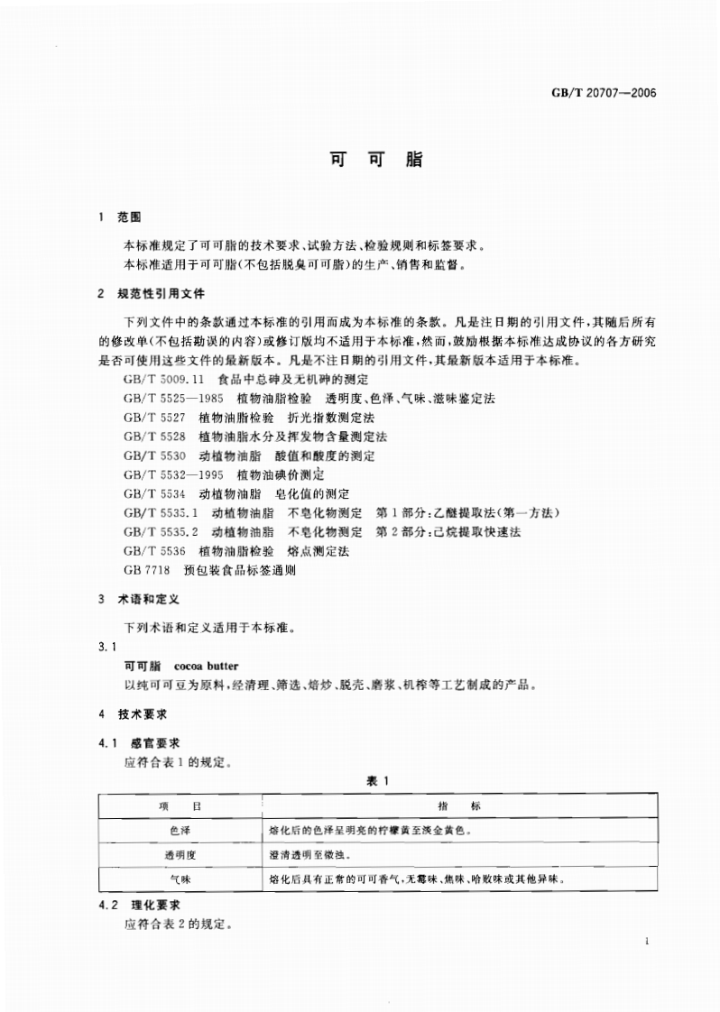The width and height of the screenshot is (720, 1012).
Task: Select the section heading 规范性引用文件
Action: point(162,293)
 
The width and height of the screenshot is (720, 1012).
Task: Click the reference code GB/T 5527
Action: point(155,418)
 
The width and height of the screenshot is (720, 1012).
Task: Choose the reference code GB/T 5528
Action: point(155,437)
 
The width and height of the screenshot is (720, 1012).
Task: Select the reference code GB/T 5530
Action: point(155,455)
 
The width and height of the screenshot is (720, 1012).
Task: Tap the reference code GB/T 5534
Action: point(155,493)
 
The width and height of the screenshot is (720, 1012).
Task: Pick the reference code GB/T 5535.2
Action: point(162,531)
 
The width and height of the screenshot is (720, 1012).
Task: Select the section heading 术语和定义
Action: point(150,599)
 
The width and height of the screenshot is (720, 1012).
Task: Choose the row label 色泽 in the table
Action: point(180,828)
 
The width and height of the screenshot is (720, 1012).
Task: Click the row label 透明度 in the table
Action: point(180,852)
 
